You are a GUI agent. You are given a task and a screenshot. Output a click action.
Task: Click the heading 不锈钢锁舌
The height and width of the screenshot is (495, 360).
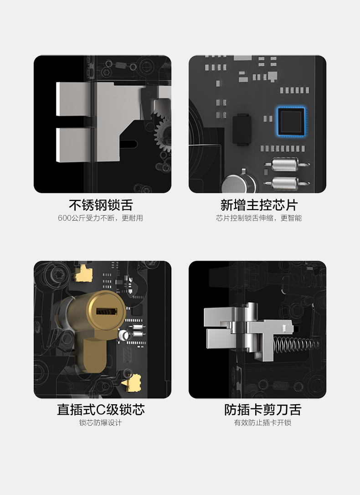pos(101,205)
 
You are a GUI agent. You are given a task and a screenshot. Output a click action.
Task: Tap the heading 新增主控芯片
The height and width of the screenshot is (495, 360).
pos(259,205)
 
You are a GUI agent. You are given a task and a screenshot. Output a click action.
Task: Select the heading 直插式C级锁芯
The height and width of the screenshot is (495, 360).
pos(101,409)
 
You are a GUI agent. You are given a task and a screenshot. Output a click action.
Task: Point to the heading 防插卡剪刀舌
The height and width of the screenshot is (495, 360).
pos(263,409)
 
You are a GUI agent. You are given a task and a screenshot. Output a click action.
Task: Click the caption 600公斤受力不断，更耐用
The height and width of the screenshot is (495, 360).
pos(100,218)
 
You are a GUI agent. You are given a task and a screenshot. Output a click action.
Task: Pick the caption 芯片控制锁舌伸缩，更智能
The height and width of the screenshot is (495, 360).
pos(259,218)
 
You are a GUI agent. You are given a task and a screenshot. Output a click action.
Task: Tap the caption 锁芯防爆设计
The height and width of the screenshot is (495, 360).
pos(100,423)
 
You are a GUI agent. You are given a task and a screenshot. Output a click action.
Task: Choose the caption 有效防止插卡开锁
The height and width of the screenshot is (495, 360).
pos(262,423)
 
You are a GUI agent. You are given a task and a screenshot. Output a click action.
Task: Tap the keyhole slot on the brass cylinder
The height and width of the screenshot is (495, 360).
pos(106,312)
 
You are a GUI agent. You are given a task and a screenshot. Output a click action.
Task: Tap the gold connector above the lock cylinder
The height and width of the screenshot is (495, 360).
pos(83,273)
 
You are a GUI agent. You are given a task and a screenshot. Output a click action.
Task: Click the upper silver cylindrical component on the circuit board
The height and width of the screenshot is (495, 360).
pos(286,164)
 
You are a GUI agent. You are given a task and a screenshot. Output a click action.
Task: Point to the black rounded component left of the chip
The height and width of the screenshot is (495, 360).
pos(242,129)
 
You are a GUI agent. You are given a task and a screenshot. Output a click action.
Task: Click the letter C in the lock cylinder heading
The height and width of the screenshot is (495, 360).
pos(101,410)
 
